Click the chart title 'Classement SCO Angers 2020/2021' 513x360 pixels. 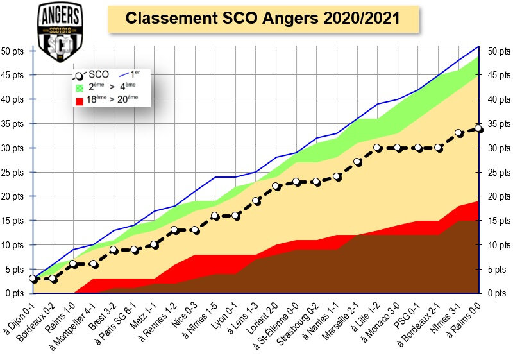262,19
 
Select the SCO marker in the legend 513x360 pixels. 80,74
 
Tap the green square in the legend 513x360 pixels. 80,88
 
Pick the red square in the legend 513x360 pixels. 80,101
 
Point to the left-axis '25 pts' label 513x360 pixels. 13,172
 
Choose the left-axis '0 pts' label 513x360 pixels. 15,293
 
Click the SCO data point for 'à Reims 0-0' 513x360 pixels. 479,128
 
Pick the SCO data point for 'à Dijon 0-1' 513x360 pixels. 33,279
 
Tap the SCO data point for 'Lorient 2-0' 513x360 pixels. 276,187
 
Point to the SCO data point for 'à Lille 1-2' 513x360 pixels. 378,148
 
